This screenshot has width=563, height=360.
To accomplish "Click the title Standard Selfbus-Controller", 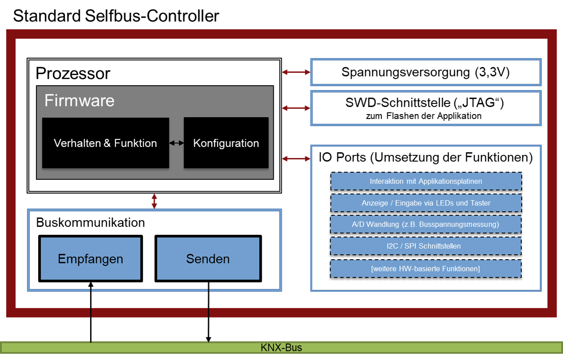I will [116, 16].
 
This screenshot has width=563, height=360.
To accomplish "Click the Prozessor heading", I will [73, 73].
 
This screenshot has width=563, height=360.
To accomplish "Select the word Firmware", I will [79, 101].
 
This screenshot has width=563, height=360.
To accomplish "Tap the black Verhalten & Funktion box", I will [105, 143].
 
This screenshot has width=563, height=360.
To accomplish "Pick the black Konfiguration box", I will [226, 143].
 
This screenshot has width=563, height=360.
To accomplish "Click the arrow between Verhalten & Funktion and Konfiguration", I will [177, 143].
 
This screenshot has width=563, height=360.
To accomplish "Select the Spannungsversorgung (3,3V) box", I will [425, 72].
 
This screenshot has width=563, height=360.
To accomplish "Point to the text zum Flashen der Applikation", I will [423, 116].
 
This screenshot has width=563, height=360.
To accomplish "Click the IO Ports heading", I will [425, 158].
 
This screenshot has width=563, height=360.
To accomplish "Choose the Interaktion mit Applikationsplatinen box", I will [425, 182].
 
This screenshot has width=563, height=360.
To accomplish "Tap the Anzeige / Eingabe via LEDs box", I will [425, 203].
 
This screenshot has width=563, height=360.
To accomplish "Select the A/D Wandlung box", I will [425, 225].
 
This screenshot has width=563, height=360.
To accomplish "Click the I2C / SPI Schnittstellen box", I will [425, 246].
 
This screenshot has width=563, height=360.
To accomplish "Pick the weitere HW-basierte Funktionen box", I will [425, 269].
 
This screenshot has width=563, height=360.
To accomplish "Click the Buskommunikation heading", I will [90, 222].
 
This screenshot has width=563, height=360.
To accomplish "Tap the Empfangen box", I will [91, 259].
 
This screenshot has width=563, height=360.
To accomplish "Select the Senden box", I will [208, 259].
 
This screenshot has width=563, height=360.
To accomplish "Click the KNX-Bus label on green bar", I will [281, 348].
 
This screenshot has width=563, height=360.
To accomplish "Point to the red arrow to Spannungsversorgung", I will [296, 72].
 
